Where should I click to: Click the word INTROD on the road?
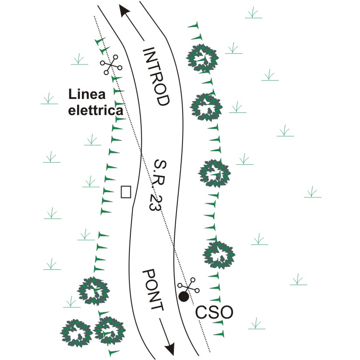pyautogui.click(x=156, y=76)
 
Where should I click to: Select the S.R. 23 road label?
pyautogui.click(x=158, y=185)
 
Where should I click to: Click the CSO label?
pyautogui.click(x=214, y=312)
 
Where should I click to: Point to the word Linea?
pyautogui.click(x=87, y=94)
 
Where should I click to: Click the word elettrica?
pyautogui.click(x=96, y=110)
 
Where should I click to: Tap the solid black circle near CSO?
pyautogui.click(x=184, y=296)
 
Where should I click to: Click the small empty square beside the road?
pyautogui.click(x=126, y=192)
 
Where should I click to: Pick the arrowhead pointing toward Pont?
pyautogui.click(x=170, y=350)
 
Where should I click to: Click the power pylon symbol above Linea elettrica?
pyautogui.click(x=111, y=65)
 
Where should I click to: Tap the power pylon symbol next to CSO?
pyautogui.click(x=188, y=285)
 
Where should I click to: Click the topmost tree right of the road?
pyautogui.click(x=202, y=58)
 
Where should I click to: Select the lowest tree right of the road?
pyautogui.click(x=219, y=255)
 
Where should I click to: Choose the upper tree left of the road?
pyautogui.click(x=93, y=291)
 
